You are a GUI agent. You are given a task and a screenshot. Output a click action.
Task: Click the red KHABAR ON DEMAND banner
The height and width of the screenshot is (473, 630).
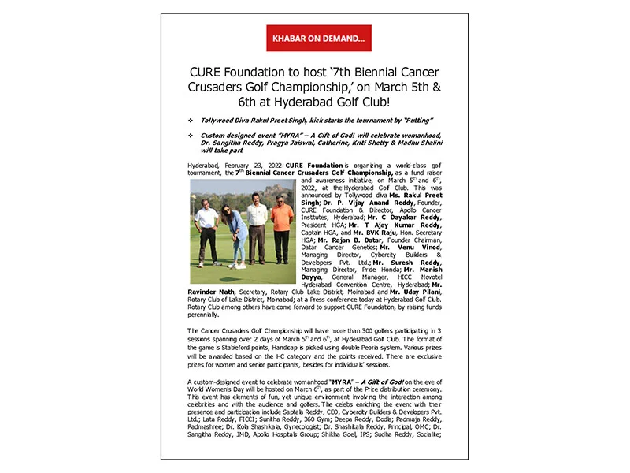(x=318, y=38)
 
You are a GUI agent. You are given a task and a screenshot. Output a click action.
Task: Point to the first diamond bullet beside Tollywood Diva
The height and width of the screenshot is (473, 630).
(x=191, y=119)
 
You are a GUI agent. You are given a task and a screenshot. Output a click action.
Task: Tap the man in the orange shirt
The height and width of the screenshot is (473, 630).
(x=281, y=229)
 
